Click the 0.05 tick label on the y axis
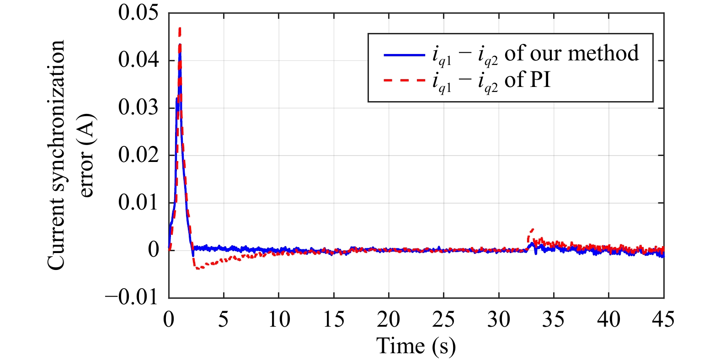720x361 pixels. tap(138, 13)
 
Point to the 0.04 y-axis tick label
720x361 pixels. tap(138, 60)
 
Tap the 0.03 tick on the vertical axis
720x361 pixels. tap(138, 108)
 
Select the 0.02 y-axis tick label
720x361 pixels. tap(138, 155)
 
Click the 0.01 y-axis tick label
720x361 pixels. tap(138, 203)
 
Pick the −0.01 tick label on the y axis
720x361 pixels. tap(132, 297)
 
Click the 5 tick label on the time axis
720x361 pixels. tap(224, 319)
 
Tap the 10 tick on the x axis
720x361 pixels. tap(279, 319)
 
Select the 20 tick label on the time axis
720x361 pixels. tap(389, 319)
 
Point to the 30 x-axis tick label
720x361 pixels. tap(499, 319)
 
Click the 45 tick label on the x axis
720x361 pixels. tap(663, 319)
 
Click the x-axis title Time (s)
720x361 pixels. tap(416, 346)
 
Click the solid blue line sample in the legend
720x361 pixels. tap(404, 55)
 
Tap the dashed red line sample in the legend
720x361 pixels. tap(404, 81)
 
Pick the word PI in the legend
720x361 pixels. tap(540, 80)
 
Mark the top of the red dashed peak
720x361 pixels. tap(180, 28)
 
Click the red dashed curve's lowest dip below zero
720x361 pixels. tap(197, 268)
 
